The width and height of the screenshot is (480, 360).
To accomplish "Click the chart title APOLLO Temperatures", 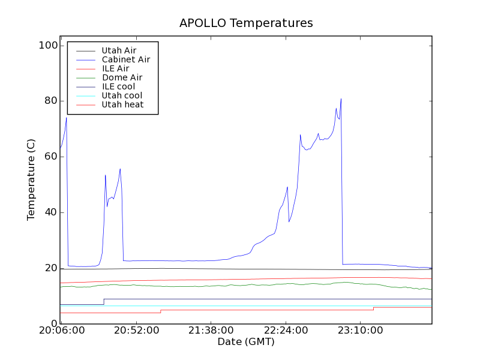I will coord(246,23).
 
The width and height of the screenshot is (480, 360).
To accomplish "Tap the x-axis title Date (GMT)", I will coord(246,341).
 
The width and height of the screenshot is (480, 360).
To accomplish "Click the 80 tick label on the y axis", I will coord(50,101).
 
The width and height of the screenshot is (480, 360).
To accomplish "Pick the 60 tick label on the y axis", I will coord(50,157).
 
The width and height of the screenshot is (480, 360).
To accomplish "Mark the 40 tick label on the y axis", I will coord(50,212).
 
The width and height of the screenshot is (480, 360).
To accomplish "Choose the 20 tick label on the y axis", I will coord(50,268).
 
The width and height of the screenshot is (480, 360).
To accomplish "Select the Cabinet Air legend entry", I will coord(125,59).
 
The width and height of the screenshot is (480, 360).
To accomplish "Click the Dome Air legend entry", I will coord(122,77).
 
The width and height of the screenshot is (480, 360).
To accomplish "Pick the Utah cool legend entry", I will coord(122,95).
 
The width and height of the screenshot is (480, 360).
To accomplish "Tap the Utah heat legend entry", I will coord(122,104).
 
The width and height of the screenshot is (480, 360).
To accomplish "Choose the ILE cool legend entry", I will coord(118,86).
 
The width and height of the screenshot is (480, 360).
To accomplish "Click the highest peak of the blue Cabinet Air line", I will coord(341,99).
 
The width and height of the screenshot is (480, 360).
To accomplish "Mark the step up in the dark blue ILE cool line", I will coord(104,301).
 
